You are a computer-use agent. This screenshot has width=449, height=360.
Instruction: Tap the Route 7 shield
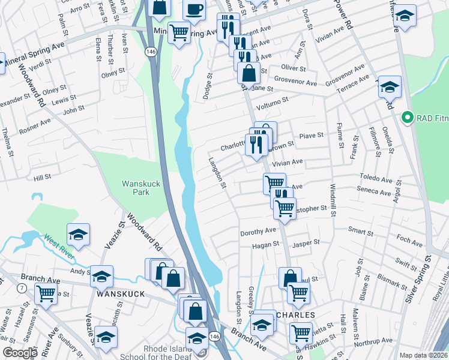point(22,289)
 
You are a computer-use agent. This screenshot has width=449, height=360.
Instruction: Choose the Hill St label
point(43,177)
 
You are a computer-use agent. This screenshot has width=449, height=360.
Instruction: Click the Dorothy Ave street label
point(258,231)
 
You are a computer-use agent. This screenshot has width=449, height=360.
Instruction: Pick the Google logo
point(20,353)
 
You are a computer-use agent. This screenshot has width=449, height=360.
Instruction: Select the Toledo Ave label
point(375,178)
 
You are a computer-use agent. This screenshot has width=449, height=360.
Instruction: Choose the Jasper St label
point(306,243)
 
